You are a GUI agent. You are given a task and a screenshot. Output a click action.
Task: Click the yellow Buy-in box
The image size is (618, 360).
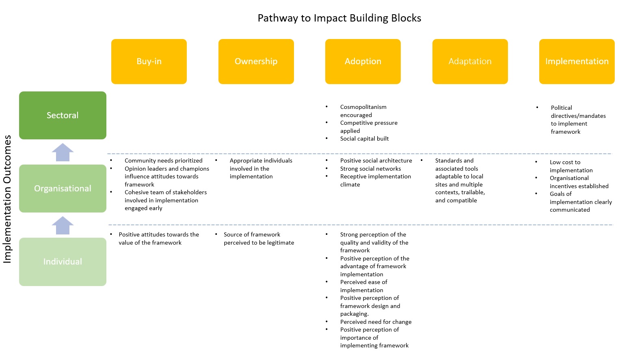point(149,61)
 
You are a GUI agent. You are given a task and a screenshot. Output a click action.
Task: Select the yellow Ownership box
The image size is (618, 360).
point(256,61)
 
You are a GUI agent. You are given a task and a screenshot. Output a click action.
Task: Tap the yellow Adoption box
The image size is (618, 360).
point(363,61)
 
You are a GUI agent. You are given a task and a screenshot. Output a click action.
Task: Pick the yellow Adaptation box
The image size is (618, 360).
point(470,61)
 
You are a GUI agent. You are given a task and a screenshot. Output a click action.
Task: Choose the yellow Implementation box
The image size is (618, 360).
point(577,61)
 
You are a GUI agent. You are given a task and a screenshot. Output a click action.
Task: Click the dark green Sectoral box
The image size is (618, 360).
point(63,115)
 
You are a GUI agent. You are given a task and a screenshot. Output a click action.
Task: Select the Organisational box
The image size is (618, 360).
point(63,189)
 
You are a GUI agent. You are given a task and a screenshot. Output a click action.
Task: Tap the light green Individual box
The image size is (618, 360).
point(63,262)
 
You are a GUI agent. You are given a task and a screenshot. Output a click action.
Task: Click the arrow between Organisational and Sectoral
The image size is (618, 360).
point(63,152)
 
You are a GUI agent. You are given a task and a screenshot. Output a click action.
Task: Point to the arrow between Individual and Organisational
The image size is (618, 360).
point(63,226)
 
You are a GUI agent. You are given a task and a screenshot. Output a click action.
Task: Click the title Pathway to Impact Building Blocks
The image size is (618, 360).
point(339,18)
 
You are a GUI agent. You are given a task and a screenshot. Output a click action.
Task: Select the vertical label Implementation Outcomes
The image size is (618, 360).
point(7,199)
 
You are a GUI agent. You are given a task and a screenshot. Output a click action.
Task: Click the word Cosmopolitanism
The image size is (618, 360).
point(363,107)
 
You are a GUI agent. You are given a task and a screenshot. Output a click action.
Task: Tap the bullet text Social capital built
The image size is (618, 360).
point(364,139)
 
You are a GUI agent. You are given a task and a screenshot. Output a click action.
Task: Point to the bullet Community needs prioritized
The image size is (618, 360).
point(163,161)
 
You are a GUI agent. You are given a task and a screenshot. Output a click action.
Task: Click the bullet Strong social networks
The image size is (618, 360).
point(370,169)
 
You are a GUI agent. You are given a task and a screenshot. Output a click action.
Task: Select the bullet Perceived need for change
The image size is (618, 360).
point(376,322)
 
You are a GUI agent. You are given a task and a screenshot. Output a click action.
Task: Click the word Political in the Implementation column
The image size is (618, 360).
point(561,108)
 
